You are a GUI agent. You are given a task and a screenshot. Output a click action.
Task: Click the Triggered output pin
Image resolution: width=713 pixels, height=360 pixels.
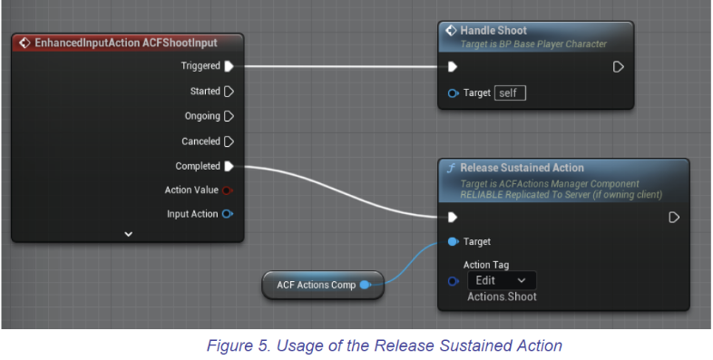pyautogui.click(x=229, y=66)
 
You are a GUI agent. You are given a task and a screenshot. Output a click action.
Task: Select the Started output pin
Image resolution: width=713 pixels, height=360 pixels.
pyautogui.click(x=229, y=91)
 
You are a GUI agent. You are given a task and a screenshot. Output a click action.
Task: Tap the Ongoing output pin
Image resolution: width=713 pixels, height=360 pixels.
pyautogui.click(x=229, y=116)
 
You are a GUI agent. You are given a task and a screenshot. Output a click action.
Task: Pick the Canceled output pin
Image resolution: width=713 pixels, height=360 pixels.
pyautogui.click(x=229, y=141)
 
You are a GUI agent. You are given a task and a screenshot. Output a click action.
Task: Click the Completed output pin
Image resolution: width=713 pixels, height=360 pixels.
pyautogui.click(x=229, y=166)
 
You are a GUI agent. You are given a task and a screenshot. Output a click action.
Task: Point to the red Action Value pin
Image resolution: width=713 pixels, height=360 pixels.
pyautogui.click(x=227, y=190)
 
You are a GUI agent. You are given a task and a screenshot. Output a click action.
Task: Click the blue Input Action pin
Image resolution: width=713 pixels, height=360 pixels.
pyautogui.click(x=227, y=214)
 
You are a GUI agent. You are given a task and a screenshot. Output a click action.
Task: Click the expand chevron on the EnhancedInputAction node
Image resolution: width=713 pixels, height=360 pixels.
pyautogui.click(x=128, y=234)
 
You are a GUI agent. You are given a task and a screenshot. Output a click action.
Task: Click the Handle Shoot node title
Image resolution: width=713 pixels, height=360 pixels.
pyautogui.click(x=493, y=31)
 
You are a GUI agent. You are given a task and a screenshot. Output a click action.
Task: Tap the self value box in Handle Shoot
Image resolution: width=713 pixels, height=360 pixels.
pyautogui.click(x=510, y=92)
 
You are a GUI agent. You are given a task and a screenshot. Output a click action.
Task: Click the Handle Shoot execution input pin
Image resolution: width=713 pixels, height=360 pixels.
pyautogui.click(x=453, y=66)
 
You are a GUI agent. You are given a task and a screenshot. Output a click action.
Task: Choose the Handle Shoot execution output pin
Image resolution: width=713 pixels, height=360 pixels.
pyautogui.click(x=619, y=66)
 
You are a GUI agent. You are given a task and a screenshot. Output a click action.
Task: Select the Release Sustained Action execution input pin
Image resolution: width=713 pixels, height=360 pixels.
pyautogui.click(x=453, y=217)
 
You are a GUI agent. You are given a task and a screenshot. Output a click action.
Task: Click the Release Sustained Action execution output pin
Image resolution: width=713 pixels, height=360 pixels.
pyautogui.click(x=674, y=217)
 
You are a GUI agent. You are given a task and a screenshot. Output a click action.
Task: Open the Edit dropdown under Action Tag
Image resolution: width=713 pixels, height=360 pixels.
pyautogui.click(x=500, y=281)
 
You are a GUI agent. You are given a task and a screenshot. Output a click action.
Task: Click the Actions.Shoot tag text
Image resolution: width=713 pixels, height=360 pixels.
pyautogui.click(x=502, y=297)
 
